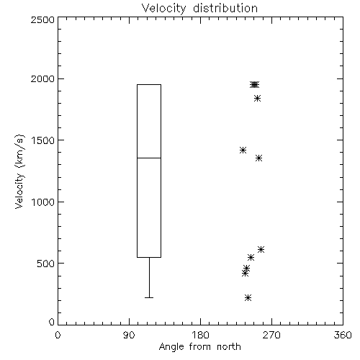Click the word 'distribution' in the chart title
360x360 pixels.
225,9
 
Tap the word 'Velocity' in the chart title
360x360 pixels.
163,9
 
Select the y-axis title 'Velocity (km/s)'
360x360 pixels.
19,171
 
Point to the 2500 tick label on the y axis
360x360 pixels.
42,19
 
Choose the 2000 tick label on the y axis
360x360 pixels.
42,78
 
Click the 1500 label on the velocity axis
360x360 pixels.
43,140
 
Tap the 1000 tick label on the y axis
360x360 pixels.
43,202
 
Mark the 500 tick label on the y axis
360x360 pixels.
46,264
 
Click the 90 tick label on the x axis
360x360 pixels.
129,335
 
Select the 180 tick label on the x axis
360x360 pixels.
200,335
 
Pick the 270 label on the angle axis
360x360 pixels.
271,335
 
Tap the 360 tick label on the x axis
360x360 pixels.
343,335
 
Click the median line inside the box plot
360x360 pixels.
149,158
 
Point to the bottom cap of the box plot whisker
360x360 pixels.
149,297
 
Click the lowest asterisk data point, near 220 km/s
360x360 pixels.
248,298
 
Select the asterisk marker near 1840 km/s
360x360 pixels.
257,99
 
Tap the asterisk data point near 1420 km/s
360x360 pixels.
243,150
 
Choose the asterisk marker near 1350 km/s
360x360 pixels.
258,158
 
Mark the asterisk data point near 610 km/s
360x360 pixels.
261,250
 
